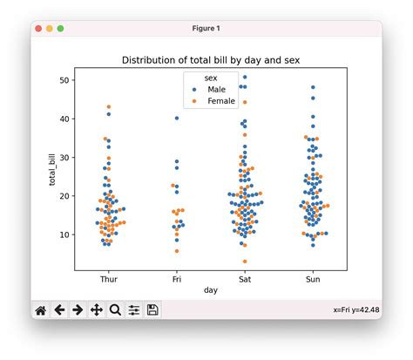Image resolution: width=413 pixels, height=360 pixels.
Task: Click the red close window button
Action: [38, 28]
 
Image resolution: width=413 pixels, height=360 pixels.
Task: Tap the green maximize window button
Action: [60, 28]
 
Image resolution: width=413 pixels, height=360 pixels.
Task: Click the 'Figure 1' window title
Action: [206, 28]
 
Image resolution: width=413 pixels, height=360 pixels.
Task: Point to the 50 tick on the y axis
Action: [64, 80]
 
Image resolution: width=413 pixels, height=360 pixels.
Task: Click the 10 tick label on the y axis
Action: [64, 234]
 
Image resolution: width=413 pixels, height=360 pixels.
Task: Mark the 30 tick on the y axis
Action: [64, 158]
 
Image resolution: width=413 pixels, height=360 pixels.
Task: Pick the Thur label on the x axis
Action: [110, 281]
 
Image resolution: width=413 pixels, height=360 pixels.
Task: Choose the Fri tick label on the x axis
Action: [178, 281]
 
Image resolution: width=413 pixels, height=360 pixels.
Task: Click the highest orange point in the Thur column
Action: [109, 107]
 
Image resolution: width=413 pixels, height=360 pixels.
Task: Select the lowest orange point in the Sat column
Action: [245, 262]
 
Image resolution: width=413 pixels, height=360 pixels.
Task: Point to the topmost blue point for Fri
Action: [177, 119]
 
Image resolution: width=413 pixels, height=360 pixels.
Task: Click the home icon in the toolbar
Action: [40, 309]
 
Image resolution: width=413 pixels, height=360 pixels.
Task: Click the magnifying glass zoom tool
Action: [115, 309]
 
